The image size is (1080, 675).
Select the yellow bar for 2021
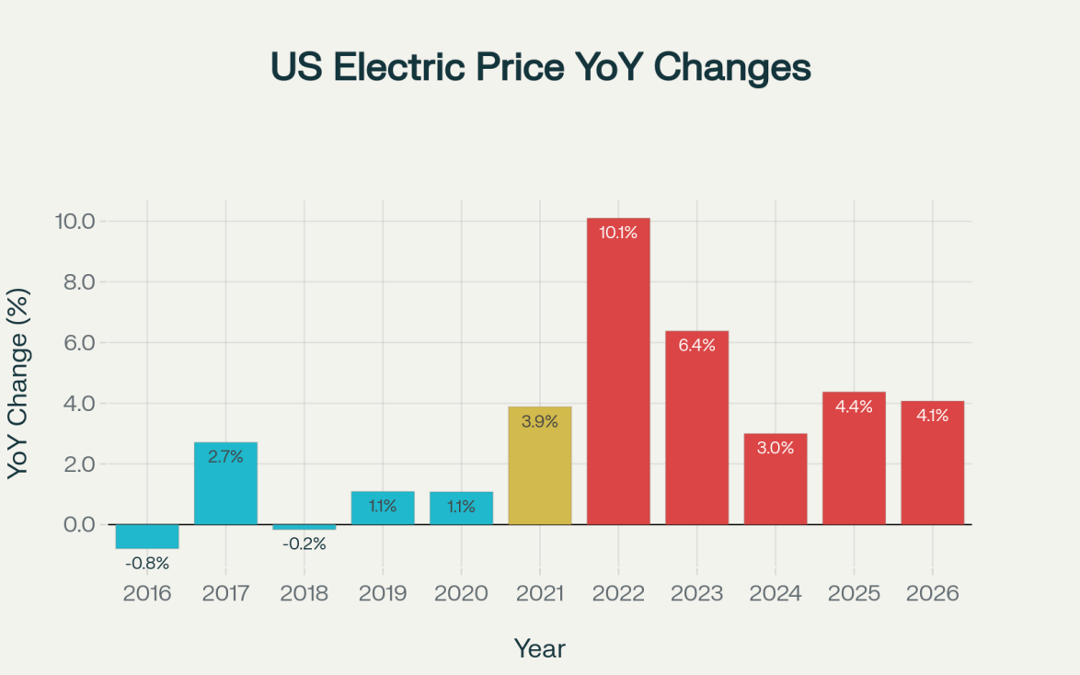[x=540, y=465]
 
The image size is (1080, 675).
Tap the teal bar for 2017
[x=225, y=484]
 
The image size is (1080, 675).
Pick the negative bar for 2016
[x=147, y=536]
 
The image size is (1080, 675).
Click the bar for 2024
[x=776, y=479]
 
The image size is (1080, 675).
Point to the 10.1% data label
[x=618, y=233]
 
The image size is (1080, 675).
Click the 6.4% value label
[x=696, y=346]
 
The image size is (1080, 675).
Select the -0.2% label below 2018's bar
[x=304, y=543]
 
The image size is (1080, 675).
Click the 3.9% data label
[x=540, y=422]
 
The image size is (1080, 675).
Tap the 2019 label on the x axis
[x=383, y=593]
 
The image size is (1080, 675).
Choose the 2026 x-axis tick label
[x=932, y=593]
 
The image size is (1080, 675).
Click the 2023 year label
[x=696, y=593]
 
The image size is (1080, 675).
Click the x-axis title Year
[x=540, y=648]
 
